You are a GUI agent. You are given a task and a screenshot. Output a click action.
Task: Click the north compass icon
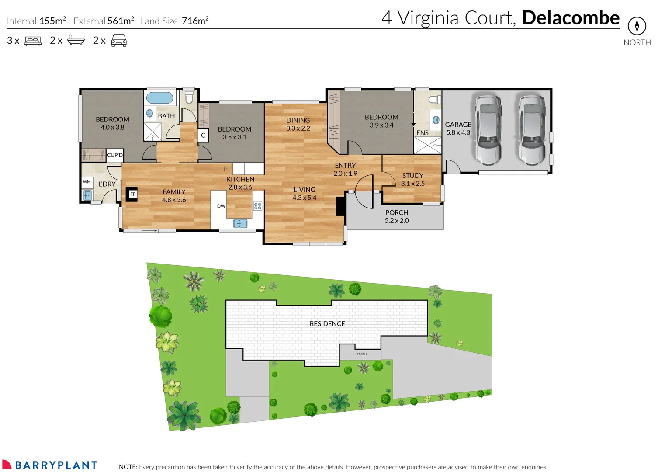[x=637, y=26]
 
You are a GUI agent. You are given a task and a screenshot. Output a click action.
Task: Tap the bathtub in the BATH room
[x=159, y=97]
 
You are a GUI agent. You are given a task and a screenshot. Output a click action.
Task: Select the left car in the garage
[x=488, y=130]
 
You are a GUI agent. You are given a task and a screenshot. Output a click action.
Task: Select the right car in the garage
[x=532, y=130]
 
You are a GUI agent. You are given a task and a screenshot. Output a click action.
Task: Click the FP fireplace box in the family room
[x=132, y=194]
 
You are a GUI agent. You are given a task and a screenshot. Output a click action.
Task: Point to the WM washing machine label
[x=87, y=182]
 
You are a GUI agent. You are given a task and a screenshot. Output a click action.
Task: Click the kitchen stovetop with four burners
[x=258, y=206]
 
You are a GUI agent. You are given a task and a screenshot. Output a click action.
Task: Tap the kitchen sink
[x=240, y=224]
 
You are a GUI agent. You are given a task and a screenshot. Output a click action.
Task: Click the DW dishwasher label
[x=221, y=206]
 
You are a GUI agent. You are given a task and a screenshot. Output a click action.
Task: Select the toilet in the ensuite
[x=435, y=100]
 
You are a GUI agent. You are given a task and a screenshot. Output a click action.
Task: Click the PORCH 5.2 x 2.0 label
[x=397, y=216]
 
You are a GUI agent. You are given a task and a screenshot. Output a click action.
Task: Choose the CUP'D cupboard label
[x=115, y=155]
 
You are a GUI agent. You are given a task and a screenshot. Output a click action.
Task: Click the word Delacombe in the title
[x=571, y=18]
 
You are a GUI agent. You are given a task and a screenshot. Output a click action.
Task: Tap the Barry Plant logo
[x=49, y=465]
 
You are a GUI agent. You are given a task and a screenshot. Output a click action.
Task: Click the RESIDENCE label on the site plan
[x=327, y=324]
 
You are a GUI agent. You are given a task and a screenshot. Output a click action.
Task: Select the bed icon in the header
[x=33, y=41]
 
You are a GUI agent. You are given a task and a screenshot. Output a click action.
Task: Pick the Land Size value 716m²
[x=195, y=21]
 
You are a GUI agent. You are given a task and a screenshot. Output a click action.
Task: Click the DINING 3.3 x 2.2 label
[x=298, y=124]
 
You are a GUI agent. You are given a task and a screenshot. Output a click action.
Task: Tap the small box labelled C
[x=203, y=135]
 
